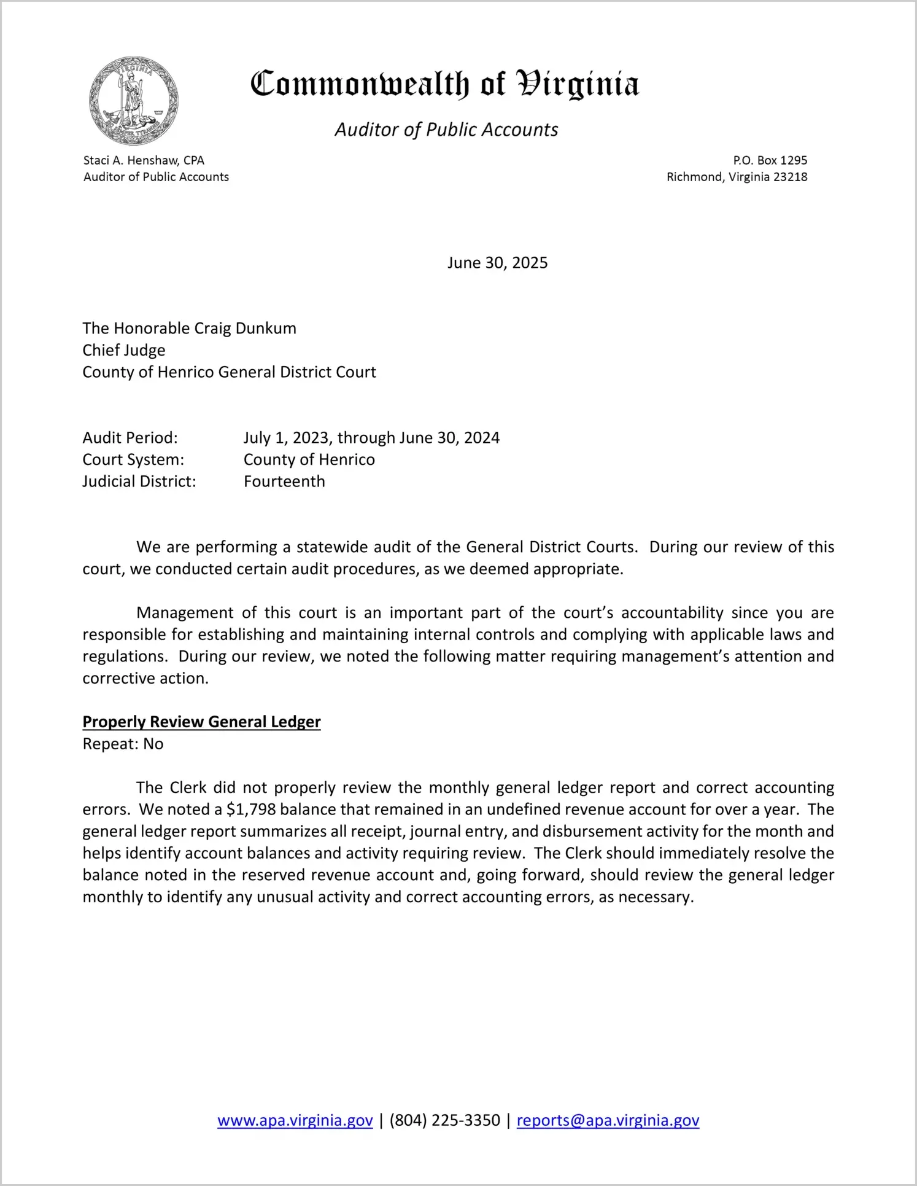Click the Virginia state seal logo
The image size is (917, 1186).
[134, 101]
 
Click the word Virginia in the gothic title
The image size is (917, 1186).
[578, 85]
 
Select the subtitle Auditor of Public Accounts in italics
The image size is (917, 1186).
[446, 130]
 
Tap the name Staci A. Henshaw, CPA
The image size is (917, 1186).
[144, 160]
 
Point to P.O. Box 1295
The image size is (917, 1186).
[770, 160]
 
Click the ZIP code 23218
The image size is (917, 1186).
[790, 177]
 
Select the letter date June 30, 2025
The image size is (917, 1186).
[497, 263]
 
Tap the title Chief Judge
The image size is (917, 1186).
[124, 350]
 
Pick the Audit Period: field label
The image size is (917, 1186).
[130, 437]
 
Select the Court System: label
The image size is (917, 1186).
[133, 459]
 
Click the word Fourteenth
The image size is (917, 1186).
[284, 481]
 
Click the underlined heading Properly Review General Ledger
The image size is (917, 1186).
[201, 722]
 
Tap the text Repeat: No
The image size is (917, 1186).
[123, 744]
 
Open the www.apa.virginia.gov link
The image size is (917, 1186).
[295, 1120]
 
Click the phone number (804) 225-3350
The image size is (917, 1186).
[445, 1120]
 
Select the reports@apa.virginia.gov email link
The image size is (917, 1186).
[608, 1120]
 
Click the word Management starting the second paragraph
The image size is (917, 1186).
[185, 612]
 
